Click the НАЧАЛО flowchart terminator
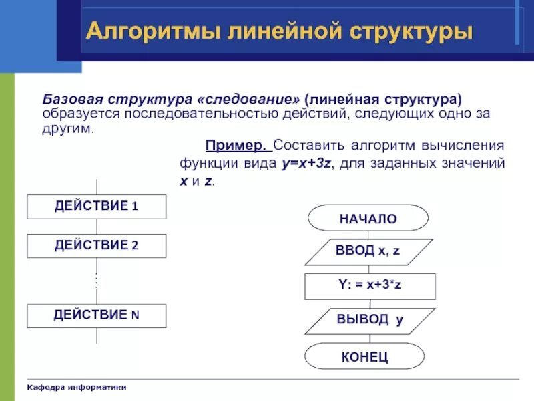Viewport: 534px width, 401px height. click(x=368, y=219)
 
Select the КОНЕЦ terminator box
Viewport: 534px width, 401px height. click(x=364, y=356)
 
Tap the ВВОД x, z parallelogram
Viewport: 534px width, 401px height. click(x=368, y=251)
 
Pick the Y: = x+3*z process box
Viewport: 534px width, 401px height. click(x=369, y=286)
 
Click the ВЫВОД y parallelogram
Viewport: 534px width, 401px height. click(x=369, y=320)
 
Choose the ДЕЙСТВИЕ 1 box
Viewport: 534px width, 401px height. click(x=96, y=206)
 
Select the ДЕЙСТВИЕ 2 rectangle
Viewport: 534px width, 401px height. click(x=96, y=245)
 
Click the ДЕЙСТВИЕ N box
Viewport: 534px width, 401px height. click(x=96, y=315)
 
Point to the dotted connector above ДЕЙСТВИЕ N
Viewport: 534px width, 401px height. click(x=97, y=281)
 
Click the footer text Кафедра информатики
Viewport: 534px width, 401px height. click(x=77, y=388)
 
